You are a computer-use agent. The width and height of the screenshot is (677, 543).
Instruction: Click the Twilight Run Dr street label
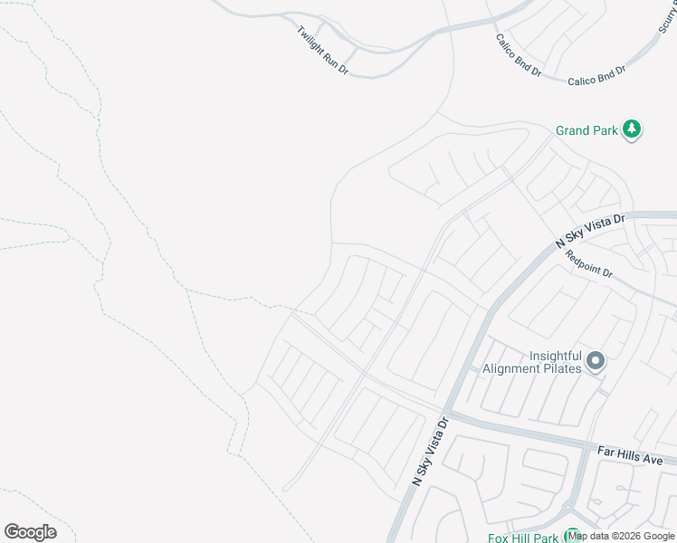322,50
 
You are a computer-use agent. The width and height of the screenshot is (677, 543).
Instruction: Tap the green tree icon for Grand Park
632,130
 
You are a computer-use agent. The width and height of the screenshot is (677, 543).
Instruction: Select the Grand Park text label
586,131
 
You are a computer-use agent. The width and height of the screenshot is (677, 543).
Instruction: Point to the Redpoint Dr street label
589,263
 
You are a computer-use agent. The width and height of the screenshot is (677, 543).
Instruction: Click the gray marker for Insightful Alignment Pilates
595,361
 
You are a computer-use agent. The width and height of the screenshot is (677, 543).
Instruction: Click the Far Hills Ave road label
631,454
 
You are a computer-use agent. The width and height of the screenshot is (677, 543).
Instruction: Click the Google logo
30,532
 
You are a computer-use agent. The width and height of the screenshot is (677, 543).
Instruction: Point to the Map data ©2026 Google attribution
622,537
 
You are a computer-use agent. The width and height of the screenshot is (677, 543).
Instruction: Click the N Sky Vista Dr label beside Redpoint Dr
590,232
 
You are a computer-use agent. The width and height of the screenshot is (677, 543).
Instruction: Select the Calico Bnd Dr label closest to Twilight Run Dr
518,57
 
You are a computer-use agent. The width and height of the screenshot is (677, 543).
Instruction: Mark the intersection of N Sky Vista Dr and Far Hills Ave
450,414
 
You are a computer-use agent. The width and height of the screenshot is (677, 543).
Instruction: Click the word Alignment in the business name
516,368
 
